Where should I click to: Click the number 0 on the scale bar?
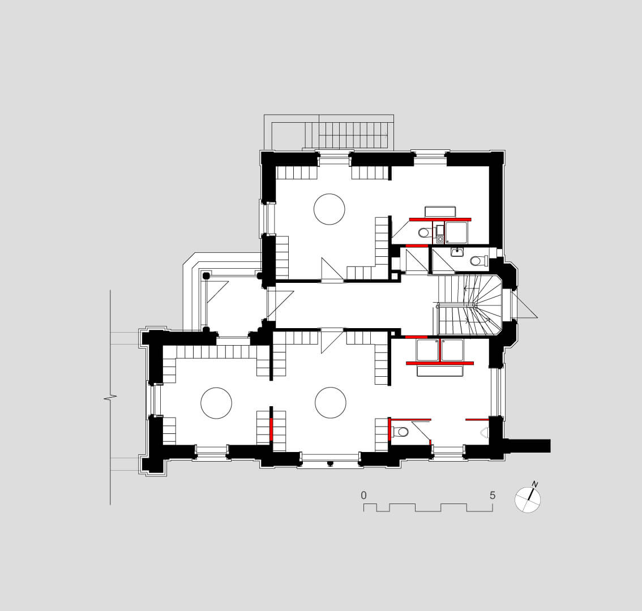pos(363,496)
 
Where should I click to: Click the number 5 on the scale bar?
pos(493,496)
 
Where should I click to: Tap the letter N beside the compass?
pos(535,484)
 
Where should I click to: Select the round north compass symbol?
pos(528,500)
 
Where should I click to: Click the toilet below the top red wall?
pos(424,233)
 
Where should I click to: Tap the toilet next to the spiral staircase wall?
pos(478,261)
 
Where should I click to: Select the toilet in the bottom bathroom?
pos(400,431)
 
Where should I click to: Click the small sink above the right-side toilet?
pos(457,252)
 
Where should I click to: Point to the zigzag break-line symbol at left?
pos(110,397)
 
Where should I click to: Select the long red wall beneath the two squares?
pos(440,363)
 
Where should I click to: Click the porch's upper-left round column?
pos(206,276)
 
